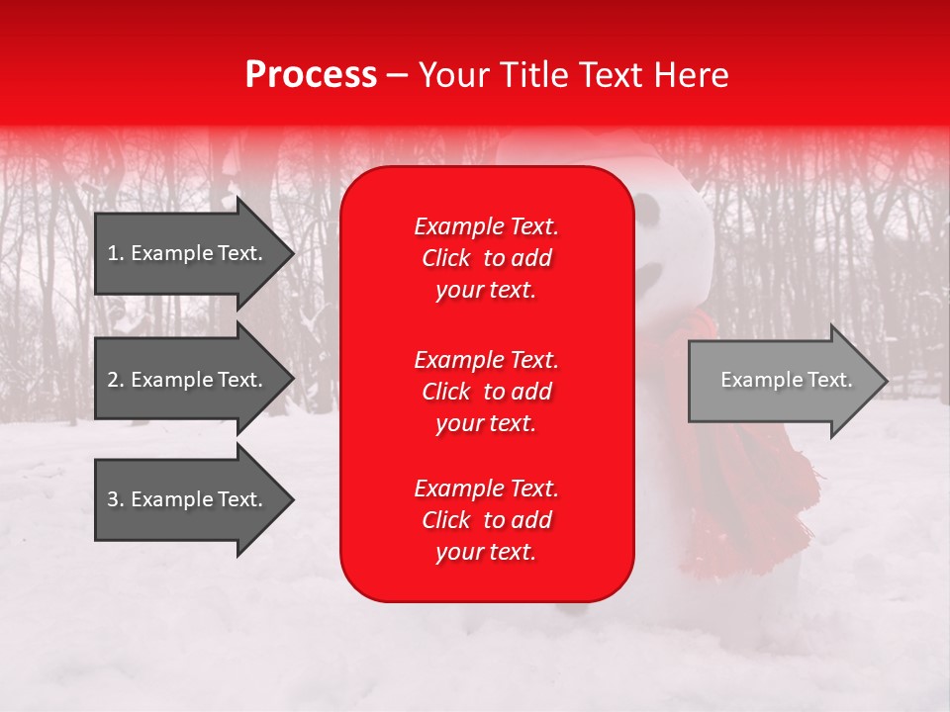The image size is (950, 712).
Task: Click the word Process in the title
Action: [x=311, y=75]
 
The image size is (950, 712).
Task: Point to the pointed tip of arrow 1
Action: [x=292, y=253]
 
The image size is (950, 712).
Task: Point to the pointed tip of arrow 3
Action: [x=292, y=500]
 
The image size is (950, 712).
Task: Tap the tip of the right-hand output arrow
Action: [x=886, y=381]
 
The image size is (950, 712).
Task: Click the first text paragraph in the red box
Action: [x=486, y=258]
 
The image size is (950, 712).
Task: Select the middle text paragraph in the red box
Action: [x=486, y=392]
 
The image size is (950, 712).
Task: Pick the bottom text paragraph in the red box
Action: [x=486, y=520]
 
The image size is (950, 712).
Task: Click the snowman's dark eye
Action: [x=647, y=209]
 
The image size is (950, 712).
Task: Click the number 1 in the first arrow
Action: [x=113, y=253]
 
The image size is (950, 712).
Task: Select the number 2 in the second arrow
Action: [x=113, y=380]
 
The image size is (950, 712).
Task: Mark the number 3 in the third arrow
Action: [x=113, y=499]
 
